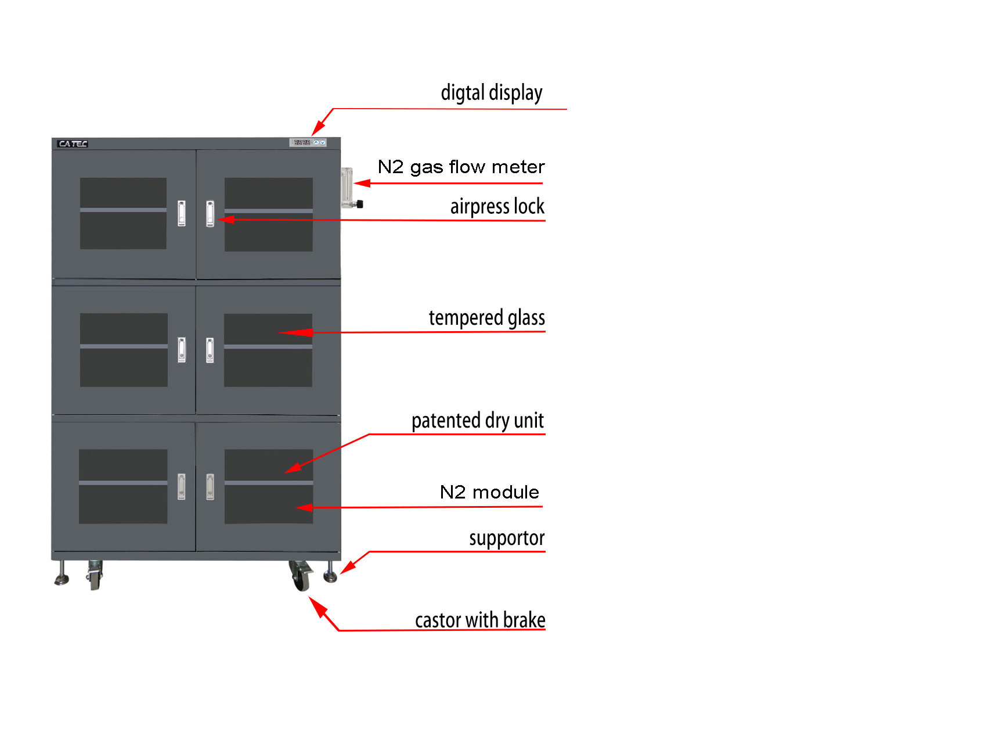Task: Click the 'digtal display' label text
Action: pos(492,93)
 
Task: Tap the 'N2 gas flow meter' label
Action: pos(461,167)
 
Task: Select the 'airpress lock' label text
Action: pos(497,207)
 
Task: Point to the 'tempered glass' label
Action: pos(487,318)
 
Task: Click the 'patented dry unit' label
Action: pos(478,421)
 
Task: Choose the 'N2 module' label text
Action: pos(490,492)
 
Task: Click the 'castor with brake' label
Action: pos(480,620)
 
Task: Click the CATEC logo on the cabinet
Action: pos(73,144)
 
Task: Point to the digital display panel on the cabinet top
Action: pos(308,142)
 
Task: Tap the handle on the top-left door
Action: pos(182,213)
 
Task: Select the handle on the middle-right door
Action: pos(210,350)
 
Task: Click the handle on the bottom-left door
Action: pos(182,487)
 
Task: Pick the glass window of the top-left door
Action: pos(123,213)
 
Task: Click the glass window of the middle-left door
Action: pos(124,350)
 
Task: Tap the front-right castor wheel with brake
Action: pos(300,576)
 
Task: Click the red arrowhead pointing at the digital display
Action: pos(318,127)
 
